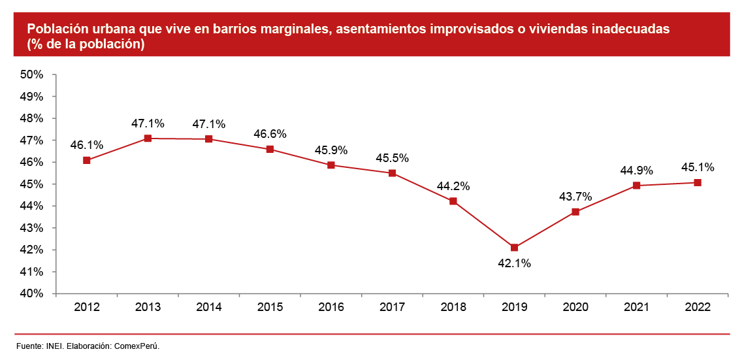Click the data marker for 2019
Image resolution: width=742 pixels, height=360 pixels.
[x=514, y=248]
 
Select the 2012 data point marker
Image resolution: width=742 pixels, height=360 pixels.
[x=87, y=160]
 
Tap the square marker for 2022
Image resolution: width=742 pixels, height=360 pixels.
[x=698, y=182]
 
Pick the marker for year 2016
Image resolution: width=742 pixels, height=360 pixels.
[x=331, y=165]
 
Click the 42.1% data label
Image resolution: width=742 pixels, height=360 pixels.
[x=514, y=264]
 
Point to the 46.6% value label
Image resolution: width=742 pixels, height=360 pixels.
[x=270, y=134]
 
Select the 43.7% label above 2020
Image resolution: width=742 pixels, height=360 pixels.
[x=575, y=196]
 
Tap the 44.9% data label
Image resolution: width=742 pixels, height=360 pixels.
[x=636, y=171]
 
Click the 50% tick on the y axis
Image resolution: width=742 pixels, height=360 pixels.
[x=31, y=74]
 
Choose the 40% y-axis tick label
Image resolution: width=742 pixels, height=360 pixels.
[x=31, y=293]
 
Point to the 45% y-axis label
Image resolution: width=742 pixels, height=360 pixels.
[x=31, y=184]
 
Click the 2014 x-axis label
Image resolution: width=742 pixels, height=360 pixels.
[x=209, y=307]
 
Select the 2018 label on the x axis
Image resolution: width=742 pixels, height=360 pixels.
[x=453, y=307]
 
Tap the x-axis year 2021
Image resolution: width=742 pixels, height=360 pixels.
[x=636, y=307]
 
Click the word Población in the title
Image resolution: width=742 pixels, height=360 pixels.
[x=56, y=29]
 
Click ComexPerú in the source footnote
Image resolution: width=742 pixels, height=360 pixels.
[x=137, y=346]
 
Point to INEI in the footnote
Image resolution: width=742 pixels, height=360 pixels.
[x=55, y=346]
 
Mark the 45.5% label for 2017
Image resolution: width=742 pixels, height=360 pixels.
[x=392, y=158]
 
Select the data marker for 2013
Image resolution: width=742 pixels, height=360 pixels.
[x=148, y=139]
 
